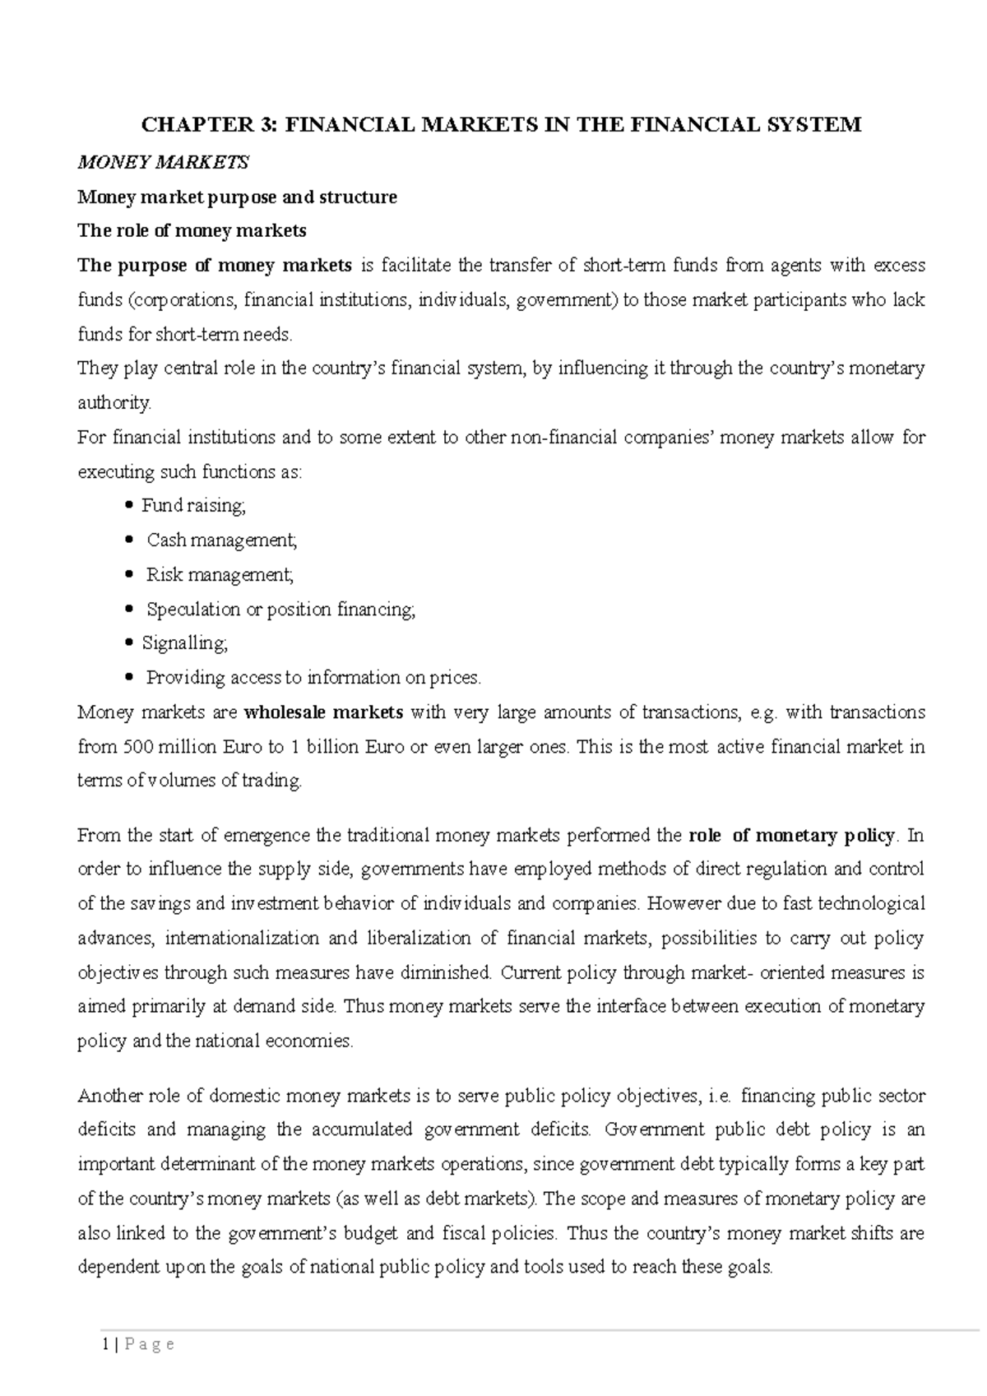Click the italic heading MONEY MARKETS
pyautogui.click(x=162, y=163)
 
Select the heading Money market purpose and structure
pyautogui.click(x=237, y=197)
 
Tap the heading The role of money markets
pyautogui.click(x=192, y=231)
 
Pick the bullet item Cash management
pyautogui.click(x=221, y=540)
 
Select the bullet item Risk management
pyautogui.click(x=220, y=575)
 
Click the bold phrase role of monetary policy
pyautogui.click(x=790, y=836)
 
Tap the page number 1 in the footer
pyautogui.click(x=105, y=1345)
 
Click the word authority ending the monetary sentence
pyautogui.click(x=114, y=403)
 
